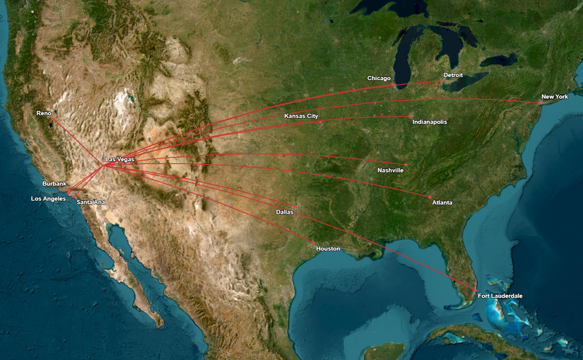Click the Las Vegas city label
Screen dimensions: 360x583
(x=119, y=159)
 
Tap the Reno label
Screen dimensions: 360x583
(x=44, y=113)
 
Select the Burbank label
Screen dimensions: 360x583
(x=54, y=184)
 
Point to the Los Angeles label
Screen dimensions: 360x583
(x=48, y=199)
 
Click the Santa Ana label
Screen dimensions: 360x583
(x=91, y=202)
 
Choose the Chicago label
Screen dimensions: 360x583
(x=379, y=78)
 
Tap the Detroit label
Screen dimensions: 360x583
(x=453, y=75)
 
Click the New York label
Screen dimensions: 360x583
(x=555, y=96)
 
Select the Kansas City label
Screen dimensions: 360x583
(x=301, y=115)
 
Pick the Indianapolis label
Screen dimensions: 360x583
(x=430, y=122)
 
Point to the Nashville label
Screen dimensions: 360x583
(x=391, y=170)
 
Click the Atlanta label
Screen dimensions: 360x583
(x=442, y=203)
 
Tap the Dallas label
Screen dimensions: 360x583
(x=285, y=211)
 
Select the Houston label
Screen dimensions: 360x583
(x=328, y=249)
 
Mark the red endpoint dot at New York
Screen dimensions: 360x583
(x=540, y=103)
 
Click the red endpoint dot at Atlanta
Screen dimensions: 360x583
(x=430, y=197)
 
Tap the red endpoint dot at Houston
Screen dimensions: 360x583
(x=314, y=243)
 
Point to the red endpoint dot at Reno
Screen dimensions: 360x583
(x=53, y=120)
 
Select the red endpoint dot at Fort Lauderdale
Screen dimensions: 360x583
(x=473, y=289)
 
